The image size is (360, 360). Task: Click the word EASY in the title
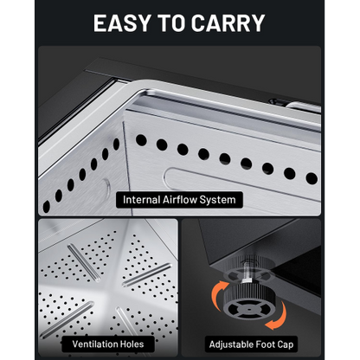tap(122, 22)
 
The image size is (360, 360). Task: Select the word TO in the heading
tap(170, 22)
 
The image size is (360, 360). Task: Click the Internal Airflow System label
tap(179, 200)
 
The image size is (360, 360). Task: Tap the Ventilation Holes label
tap(108, 344)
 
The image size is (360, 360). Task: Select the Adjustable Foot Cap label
tap(251, 344)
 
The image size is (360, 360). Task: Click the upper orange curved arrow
tap(218, 290)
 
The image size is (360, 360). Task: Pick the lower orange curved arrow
tap(279, 318)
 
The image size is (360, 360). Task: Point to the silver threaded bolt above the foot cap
tap(247, 270)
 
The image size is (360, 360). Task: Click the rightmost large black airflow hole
tap(312, 178)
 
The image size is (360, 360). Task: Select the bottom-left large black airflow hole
tap(46, 207)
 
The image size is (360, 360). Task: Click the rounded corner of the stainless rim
tap(137, 88)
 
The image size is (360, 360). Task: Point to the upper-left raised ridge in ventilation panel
tap(84, 262)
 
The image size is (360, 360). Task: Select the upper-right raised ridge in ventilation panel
tap(147, 275)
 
